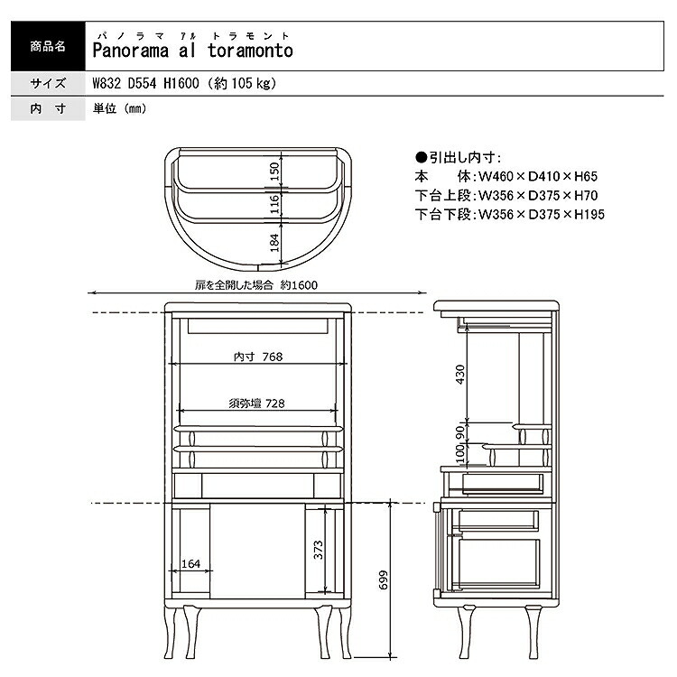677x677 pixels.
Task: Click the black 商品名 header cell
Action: (x=48, y=46)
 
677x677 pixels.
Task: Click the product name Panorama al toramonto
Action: (x=192, y=51)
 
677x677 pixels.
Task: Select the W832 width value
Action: (x=107, y=83)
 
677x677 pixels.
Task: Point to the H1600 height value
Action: (x=181, y=83)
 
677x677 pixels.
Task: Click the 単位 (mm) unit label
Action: (x=119, y=108)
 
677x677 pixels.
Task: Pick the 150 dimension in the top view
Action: (x=274, y=172)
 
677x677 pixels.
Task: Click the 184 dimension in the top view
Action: (x=274, y=243)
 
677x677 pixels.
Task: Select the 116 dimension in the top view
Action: (x=274, y=204)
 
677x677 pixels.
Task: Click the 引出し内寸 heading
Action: (x=458, y=158)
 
